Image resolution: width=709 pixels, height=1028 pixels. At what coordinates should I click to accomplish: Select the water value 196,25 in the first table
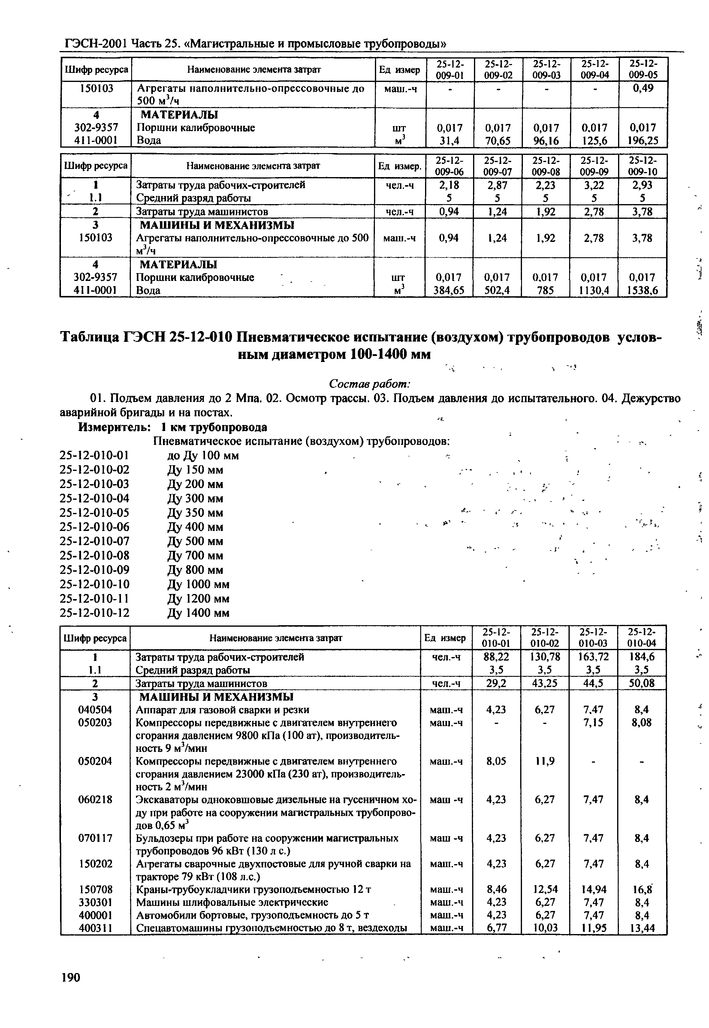coord(643,141)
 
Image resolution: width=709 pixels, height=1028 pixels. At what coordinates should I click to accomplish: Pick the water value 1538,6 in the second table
coord(643,291)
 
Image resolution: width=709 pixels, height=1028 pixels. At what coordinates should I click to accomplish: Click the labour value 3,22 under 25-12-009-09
coord(594,185)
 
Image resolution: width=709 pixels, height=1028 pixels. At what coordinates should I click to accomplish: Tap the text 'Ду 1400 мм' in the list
coord(199,613)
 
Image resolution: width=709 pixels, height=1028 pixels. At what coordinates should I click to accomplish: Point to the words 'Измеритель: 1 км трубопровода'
coord(173,427)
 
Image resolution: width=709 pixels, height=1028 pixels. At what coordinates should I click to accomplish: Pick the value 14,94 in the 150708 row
coord(593,889)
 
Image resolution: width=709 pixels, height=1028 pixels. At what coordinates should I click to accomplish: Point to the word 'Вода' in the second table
coord(148,291)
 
